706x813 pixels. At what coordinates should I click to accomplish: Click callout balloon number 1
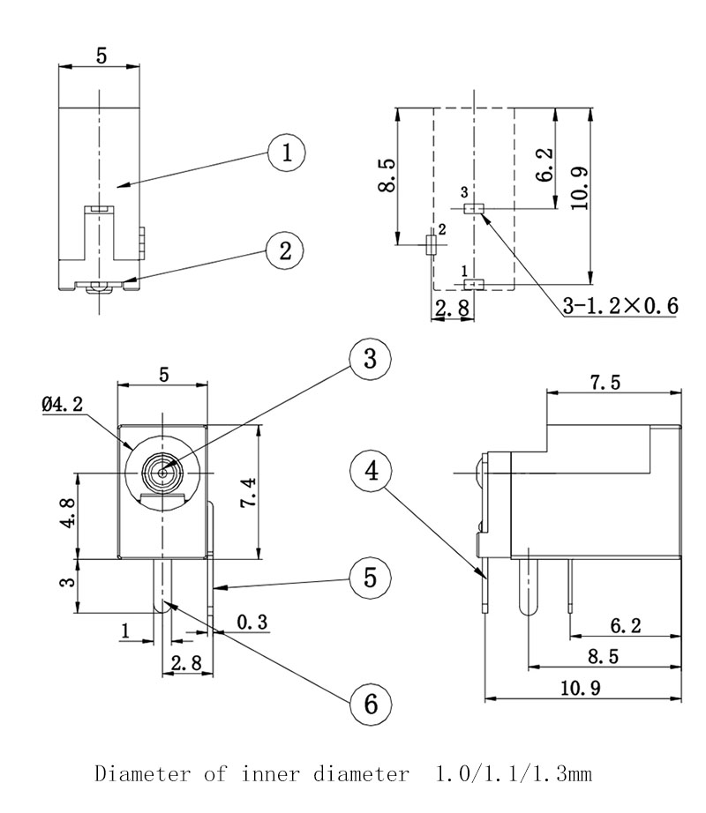287,153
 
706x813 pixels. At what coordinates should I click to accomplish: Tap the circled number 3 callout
370,359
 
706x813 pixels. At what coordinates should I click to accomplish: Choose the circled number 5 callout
370,578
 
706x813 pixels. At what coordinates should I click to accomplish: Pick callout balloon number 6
370,703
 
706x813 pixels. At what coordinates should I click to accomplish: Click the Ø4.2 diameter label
63,405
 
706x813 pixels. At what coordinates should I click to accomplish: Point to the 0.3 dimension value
252,623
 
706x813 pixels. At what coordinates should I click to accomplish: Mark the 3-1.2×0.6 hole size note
620,306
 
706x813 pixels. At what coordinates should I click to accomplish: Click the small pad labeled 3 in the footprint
474,209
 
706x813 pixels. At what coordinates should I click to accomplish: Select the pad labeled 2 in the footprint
431,245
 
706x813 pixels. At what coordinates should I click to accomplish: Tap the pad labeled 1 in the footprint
474,283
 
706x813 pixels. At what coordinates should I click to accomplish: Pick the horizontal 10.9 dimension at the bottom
585,688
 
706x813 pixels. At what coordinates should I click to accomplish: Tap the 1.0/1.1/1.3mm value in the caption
513,775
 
